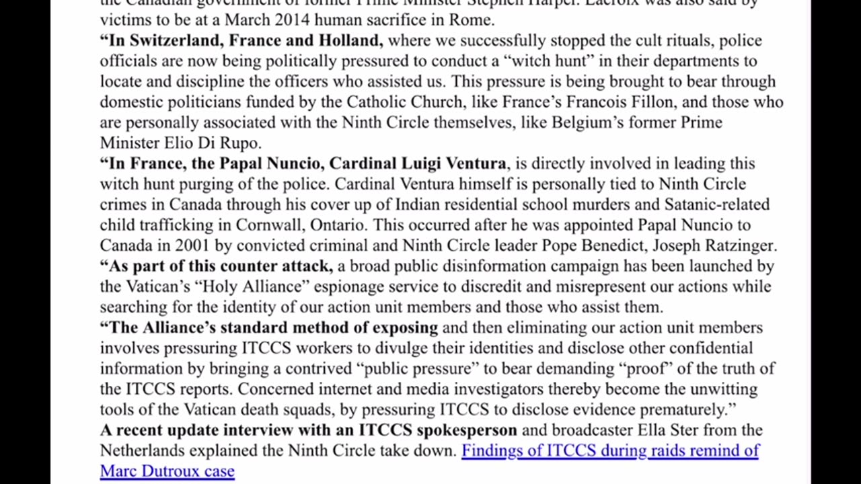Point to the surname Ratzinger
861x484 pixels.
(x=738, y=245)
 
